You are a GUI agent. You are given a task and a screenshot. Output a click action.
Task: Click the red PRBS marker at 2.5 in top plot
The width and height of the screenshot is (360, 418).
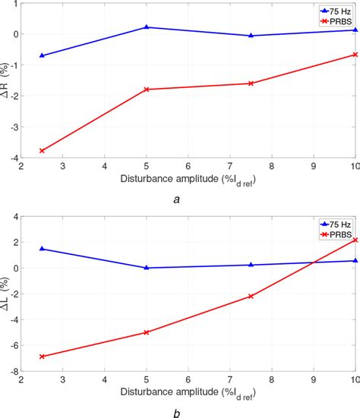pos(42,150)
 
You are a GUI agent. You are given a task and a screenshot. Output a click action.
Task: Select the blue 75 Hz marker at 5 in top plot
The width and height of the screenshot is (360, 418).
pos(147,27)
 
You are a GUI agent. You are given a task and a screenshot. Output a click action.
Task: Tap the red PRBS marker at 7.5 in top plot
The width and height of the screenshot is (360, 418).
pos(251,83)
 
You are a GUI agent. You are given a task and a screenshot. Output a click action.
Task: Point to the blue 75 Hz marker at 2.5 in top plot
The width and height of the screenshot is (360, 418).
pos(42,55)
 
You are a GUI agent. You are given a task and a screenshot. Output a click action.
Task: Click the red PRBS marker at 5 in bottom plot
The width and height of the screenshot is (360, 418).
pos(147,332)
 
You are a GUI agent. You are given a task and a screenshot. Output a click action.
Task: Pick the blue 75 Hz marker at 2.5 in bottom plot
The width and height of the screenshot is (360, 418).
pos(42,249)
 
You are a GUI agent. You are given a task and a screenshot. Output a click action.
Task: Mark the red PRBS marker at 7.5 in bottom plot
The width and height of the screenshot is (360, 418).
pos(251,296)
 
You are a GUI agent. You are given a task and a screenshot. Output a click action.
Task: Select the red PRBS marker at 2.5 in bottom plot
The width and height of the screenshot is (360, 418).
pos(42,356)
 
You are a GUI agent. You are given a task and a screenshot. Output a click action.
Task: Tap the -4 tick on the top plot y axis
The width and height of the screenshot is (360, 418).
pos(13,157)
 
